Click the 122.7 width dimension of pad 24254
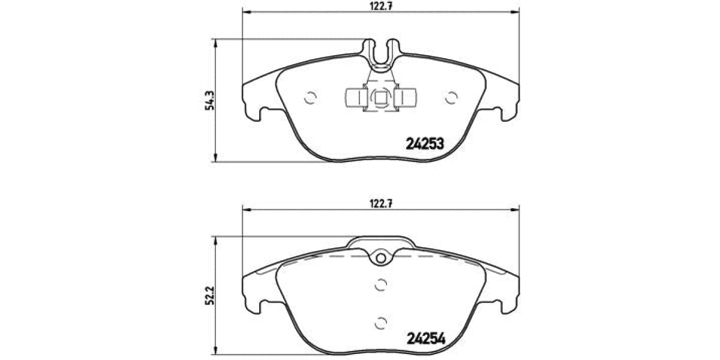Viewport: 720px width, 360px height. click(380, 203)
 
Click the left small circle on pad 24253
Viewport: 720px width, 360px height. click(310, 97)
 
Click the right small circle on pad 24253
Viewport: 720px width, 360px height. click(451, 97)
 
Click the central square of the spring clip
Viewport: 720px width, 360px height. click(380, 97)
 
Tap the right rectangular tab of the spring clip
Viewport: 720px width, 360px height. click(408, 97)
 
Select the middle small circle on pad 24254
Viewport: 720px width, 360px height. click(379, 286)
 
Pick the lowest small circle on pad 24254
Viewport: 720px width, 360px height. click(379, 322)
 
